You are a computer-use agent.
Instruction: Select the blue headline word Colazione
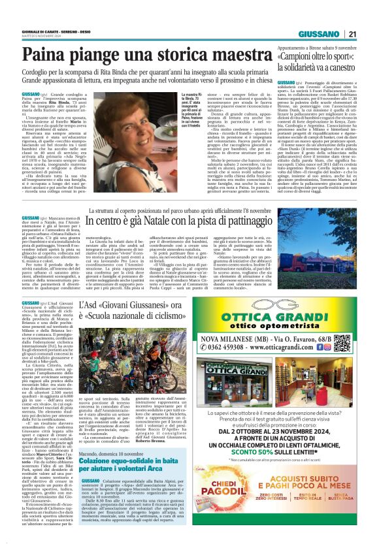point(94,479)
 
